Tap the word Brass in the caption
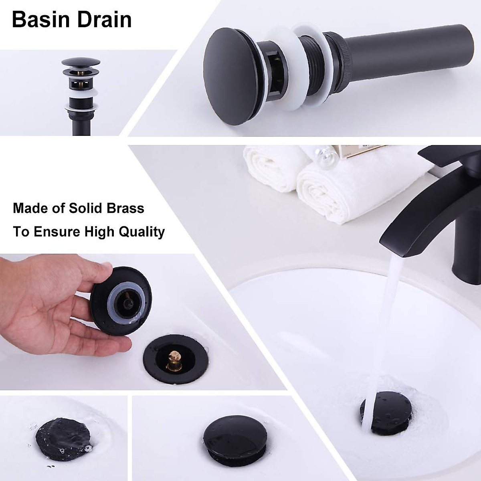(x=126, y=208)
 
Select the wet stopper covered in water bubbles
(x=64, y=435)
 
